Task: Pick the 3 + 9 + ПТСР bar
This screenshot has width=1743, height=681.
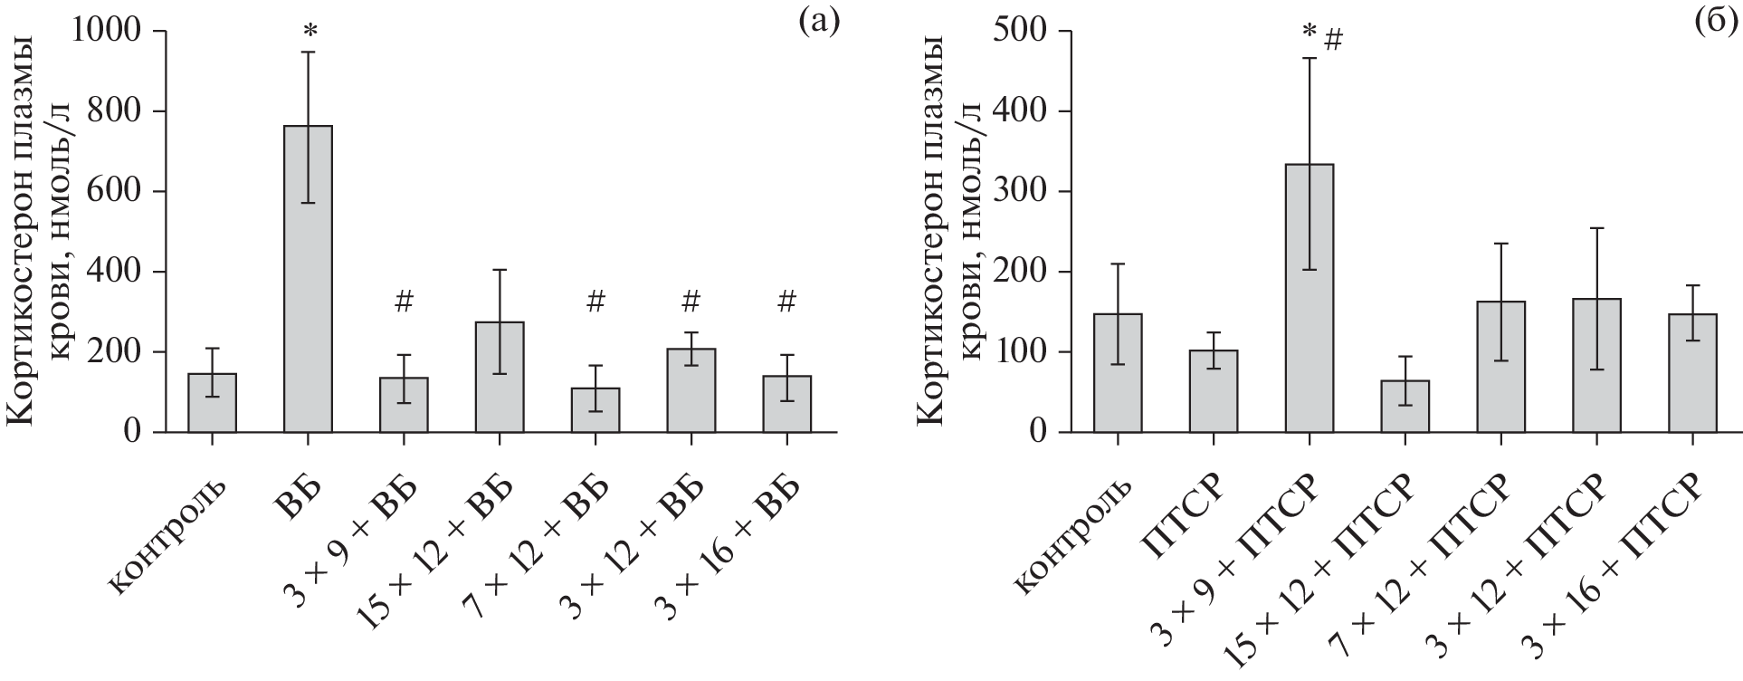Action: point(1309,298)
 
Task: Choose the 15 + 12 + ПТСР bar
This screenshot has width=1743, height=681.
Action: point(1405,407)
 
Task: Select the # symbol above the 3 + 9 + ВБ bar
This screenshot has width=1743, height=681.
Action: point(404,302)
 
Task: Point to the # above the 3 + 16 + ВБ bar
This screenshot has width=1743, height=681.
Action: point(786,302)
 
